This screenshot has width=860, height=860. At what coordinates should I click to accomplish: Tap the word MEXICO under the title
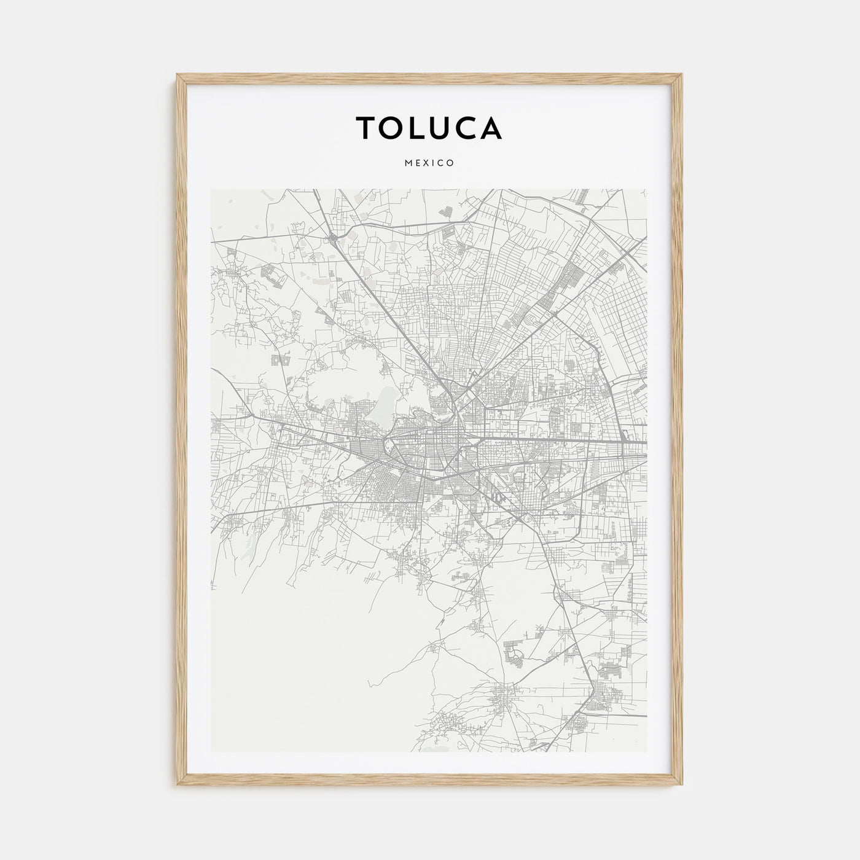(x=429, y=163)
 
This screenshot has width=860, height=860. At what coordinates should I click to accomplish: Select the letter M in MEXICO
(x=408, y=163)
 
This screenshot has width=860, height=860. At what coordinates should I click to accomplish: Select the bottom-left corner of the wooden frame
(x=178, y=786)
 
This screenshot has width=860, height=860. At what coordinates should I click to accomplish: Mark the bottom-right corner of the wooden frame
(x=682, y=786)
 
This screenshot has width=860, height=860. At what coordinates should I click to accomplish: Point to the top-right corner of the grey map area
(x=647, y=190)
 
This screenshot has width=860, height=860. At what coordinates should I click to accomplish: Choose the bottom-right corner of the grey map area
(x=647, y=752)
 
